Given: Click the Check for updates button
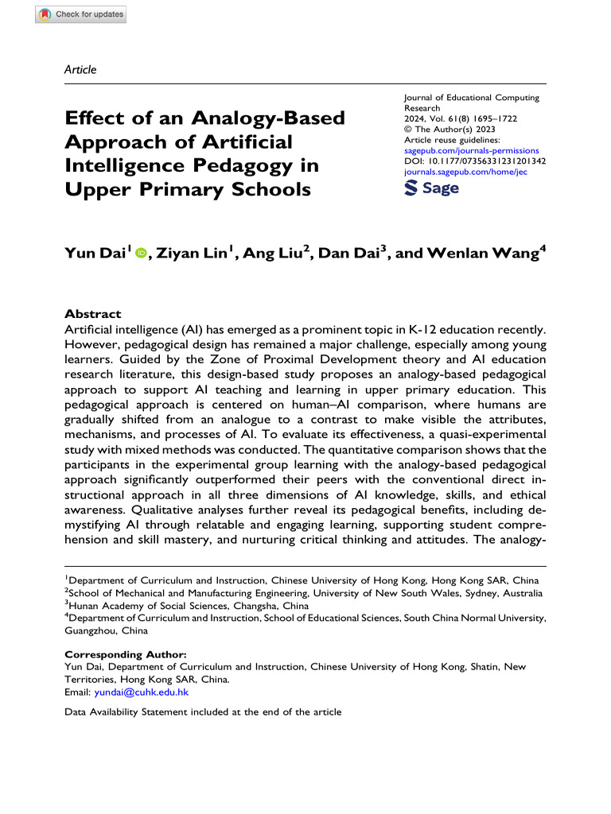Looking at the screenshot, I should coord(81,14).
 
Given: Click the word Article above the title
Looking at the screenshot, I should coord(80,70).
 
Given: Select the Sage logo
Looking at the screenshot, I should coord(432,188).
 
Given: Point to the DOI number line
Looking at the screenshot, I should coord(473,160).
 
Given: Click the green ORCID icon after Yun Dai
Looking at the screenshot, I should coord(141,254).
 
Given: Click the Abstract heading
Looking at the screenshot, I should coord(92,314).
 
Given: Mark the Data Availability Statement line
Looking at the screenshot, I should coord(202,712).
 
